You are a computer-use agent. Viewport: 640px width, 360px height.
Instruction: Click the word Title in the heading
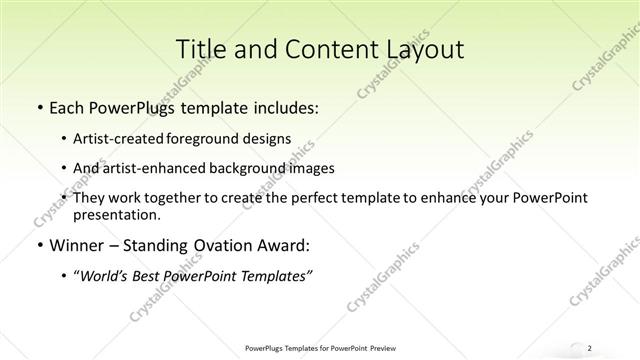pos(200,49)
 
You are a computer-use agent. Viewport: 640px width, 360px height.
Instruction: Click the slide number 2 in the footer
pos(590,347)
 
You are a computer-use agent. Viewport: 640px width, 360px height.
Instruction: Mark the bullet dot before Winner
pos(38,246)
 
